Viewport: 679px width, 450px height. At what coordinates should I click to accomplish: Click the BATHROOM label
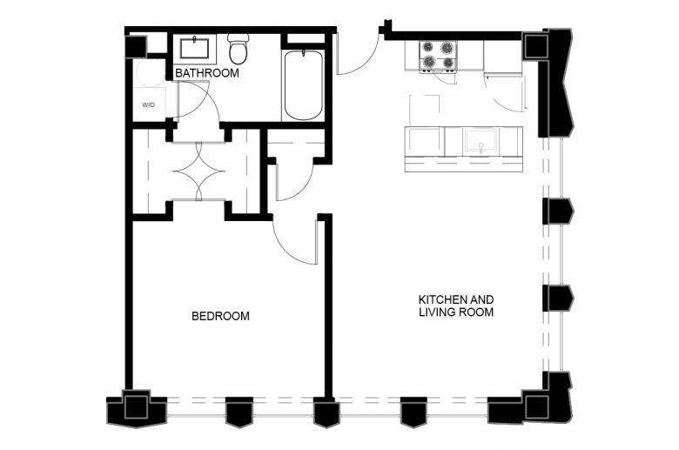(207, 73)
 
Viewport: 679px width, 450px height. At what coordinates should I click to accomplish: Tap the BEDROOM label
(220, 316)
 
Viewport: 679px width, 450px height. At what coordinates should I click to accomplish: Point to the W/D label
(148, 105)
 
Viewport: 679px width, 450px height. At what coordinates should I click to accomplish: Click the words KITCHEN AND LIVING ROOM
(456, 306)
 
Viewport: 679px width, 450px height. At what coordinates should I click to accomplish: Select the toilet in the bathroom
(239, 49)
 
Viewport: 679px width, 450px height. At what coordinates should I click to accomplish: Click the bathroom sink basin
(194, 48)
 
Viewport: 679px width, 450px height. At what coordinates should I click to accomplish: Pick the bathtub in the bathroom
(303, 86)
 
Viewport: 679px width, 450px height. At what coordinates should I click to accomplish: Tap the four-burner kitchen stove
(438, 56)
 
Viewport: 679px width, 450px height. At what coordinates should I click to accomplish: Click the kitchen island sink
(481, 142)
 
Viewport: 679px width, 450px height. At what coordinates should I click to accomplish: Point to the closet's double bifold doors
(198, 171)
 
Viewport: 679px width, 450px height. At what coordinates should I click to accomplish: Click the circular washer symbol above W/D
(149, 72)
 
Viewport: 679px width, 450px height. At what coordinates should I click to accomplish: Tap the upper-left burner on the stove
(427, 47)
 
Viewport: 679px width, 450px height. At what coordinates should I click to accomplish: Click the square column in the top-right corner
(535, 46)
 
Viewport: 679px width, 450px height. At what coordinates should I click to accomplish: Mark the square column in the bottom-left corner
(136, 406)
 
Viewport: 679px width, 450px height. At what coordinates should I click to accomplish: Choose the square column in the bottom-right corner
(536, 406)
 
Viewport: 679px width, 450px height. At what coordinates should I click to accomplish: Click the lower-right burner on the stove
(448, 64)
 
